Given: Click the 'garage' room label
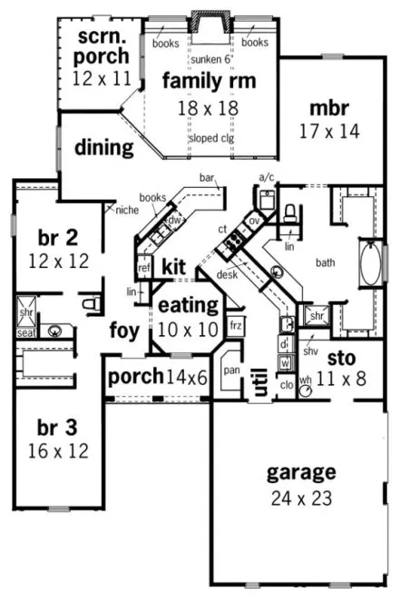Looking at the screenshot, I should tap(300, 473).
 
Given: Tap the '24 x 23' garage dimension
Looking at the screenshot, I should tap(300, 498).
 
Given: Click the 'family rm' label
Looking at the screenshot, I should tap(209, 82).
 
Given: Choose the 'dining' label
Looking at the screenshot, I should tap(104, 147).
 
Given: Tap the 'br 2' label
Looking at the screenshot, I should tap(57, 239).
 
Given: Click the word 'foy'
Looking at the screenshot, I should tap(125, 331).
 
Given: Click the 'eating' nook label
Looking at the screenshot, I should tap(188, 305).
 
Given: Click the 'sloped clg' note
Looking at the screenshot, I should tap(211, 139).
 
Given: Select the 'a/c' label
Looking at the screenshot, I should tap(266, 178).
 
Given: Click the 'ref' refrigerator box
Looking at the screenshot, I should tap(143, 268).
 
